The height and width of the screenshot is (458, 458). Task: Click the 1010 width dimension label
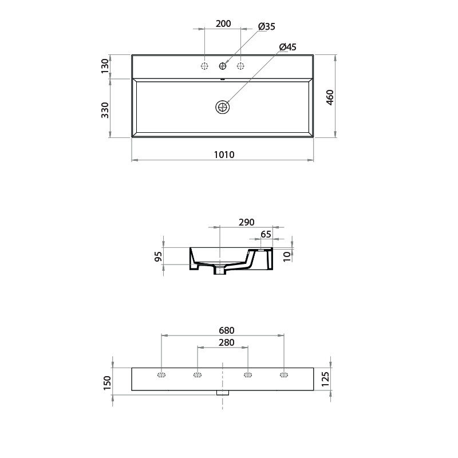pos(224,155)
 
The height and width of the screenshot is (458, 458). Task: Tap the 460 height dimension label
pos(330,97)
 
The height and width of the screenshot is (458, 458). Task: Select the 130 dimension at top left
pos(105,66)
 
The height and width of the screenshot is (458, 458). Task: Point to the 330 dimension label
pos(105,109)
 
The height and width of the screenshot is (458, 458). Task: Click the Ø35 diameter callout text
pos(267,26)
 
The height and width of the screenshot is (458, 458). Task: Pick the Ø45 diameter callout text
pos(287,47)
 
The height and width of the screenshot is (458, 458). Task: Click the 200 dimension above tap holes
pos(223,23)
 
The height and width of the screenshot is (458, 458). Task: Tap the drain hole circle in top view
pos(222,106)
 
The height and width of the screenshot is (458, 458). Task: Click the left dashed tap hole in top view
pos(204,66)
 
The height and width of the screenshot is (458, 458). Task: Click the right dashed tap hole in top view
pos(240,66)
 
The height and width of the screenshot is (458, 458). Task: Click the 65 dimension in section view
pos(266,234)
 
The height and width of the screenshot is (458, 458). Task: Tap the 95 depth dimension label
pos(159,256)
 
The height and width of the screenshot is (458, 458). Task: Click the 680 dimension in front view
pos(224,330)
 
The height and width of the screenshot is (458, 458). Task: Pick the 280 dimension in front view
pos(223,342)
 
